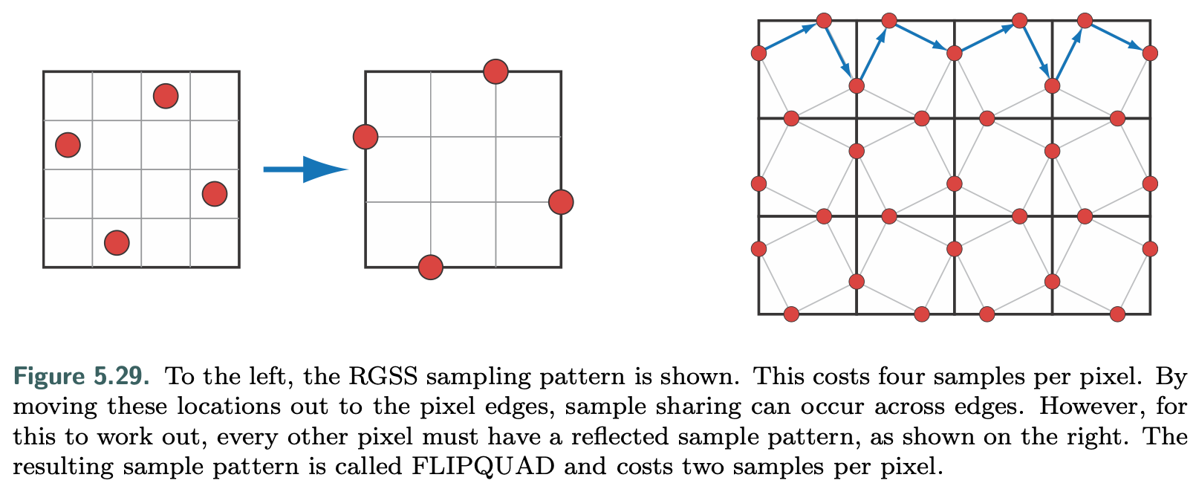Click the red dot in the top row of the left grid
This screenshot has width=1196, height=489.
tap(165, 96)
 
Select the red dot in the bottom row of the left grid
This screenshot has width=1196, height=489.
tap(117, 242)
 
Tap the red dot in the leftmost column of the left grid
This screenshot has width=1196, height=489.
tap(68, 144)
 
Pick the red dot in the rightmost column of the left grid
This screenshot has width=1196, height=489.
tap(215, 194)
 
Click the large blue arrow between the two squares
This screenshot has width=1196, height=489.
tap(305, 169)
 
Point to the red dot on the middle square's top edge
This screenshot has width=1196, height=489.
tap(495, 71)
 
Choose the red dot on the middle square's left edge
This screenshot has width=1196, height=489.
tap(365, 137)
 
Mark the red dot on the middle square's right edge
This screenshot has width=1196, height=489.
tap(561, 201)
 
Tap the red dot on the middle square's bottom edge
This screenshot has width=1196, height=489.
tap(430, 267)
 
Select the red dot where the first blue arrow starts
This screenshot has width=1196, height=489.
tap(758, 53)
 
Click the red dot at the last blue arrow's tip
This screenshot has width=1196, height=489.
tap(1150, 53)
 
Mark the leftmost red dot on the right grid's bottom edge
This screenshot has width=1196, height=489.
tap(791, 314)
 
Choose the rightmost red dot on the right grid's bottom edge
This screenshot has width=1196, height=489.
tap(1117, 314)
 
